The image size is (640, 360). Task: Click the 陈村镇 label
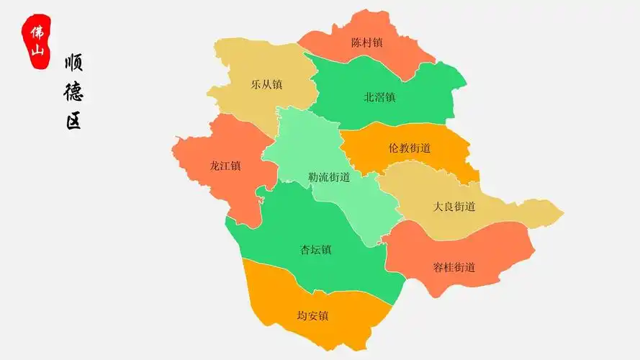click(x=367, y=42)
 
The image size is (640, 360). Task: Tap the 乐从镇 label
click(x=266, y=84)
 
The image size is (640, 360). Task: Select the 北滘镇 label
click(x=379, y=97)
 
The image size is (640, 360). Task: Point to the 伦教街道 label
click(x=409, y=148)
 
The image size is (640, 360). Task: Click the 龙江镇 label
click(x=225, y=166)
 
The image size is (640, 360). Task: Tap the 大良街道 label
click(x=454, y=207)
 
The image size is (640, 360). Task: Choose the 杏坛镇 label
click(x=315, y=251)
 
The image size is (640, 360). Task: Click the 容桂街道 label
click(x=454, y=268)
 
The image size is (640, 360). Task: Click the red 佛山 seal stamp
click(x=36, y=42)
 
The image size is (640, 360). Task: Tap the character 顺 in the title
click(x=73, y=63)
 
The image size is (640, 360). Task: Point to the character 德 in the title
click(x=73, y=91)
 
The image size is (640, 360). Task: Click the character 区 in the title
click(x=73, y=120)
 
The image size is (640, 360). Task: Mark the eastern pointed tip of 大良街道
click(x=562, y=213)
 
